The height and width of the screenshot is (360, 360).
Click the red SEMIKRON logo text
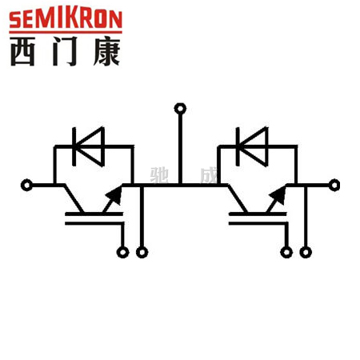click(66, 18)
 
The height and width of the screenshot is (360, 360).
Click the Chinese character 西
click(22, 51)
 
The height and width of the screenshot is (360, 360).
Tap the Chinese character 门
click(66, 51)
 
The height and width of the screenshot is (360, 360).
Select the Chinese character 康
click(106, 51)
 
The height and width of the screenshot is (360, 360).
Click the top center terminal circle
click(180, 109)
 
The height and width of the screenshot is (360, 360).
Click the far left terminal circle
click(26, 185)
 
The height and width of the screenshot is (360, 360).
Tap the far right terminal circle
click(334, 185)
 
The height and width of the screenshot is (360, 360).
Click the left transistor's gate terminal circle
click(122, 252)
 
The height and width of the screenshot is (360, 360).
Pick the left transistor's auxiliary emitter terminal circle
click(142, 252)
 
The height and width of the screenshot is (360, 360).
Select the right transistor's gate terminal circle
click(286, 252)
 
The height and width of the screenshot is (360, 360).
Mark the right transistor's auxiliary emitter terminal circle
click(306, 252)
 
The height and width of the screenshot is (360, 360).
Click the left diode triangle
click(90, 146)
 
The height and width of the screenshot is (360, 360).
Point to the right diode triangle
click(254, 146)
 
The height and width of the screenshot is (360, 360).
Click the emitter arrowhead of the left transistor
click(114, 195)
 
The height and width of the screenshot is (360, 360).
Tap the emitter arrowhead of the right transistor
click(278, 195)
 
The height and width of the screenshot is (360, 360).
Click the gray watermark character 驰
click(159, 175)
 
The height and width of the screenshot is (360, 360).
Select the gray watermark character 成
click(209, 175)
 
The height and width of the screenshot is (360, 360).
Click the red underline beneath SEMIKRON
click(66, 32)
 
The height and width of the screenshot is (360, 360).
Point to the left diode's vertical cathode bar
click(74, 146)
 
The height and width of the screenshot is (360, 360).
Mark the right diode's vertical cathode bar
click(238, 146)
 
